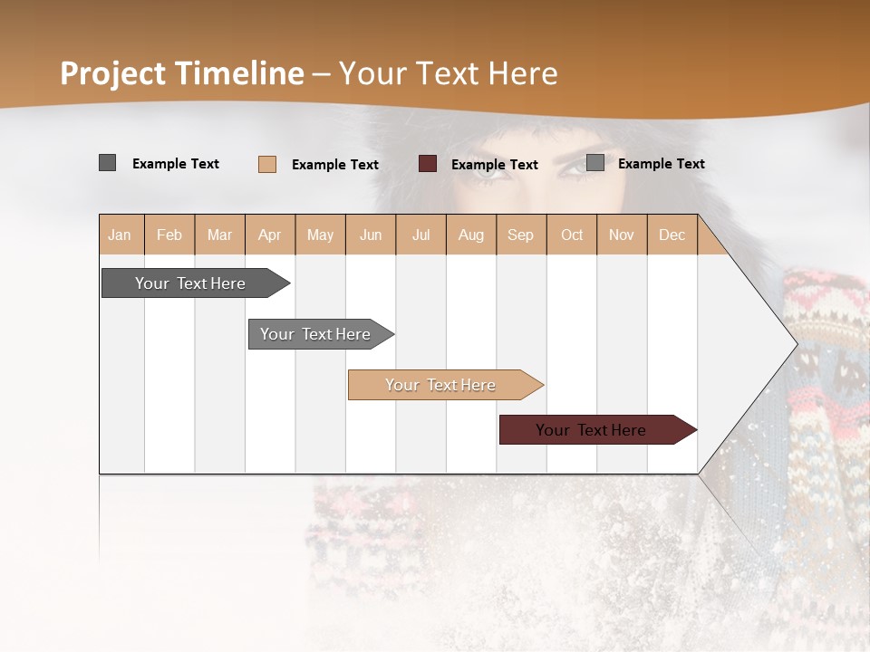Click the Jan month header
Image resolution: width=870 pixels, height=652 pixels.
(120, 235)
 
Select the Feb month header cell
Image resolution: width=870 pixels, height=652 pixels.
(169, 235)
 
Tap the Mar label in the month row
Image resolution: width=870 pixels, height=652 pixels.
(219, 235)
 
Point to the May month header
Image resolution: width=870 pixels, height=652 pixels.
(320, 235)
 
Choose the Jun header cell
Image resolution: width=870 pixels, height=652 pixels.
(371, 235)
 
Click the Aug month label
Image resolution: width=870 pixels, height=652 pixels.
(470, 235)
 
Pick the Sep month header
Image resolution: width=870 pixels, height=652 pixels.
(520, 235)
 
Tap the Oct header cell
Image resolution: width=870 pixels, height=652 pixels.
(572, 235)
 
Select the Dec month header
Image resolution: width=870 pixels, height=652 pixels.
(672, 235)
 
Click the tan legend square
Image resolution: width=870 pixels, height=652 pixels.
(267, 164)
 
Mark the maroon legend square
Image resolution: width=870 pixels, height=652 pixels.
(428, 164)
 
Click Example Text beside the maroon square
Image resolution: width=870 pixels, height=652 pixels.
(494, 165)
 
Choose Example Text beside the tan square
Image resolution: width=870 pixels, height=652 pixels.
(334, 165)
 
